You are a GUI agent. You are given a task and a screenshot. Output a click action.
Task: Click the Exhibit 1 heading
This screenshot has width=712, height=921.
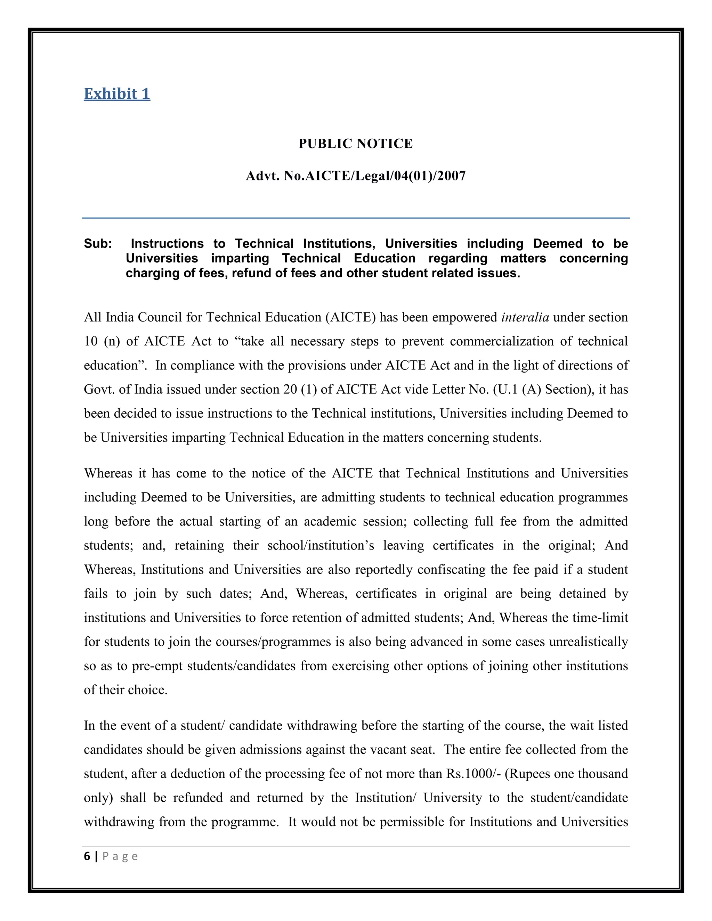(117, 93)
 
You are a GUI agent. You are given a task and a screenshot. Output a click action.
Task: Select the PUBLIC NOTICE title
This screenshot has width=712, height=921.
(356, 144)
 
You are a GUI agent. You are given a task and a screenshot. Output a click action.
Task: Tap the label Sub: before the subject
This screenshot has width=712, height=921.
(98, 244)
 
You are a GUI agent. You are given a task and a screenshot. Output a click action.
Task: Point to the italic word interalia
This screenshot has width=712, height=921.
(525, 317)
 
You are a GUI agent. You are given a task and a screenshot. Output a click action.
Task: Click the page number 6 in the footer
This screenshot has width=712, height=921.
(87, 856)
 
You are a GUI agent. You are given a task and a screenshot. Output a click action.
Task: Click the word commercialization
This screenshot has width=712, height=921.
(502, 341)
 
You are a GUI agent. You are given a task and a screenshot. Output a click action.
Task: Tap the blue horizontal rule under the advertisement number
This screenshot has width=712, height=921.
(356, 218)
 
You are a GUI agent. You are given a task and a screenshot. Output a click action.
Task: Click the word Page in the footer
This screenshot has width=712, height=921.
(120, 856)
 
